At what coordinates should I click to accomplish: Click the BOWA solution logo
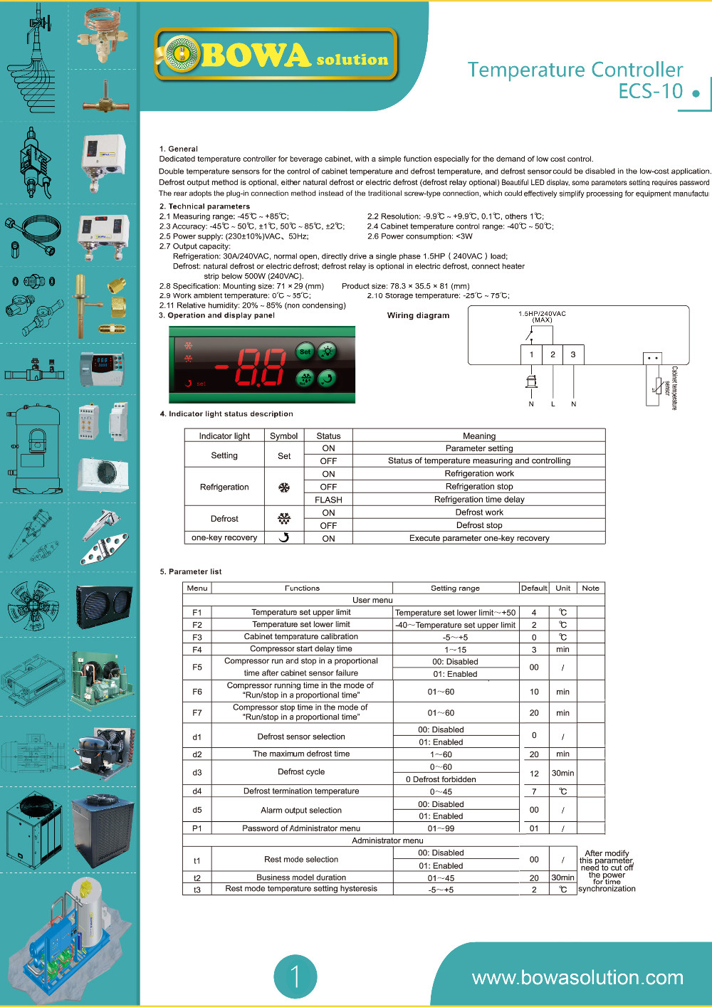(276, 55)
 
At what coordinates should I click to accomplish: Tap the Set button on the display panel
(305, 352)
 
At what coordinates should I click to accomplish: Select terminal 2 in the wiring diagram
(553, 354)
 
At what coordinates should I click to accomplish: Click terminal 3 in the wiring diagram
(573, 354)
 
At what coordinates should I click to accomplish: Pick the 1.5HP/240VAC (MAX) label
(542, 317)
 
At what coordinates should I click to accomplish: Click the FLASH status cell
(328, 500)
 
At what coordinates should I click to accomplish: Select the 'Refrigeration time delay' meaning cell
(479, 500)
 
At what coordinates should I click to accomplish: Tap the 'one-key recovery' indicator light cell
(224, 538)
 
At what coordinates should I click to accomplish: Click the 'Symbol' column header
(284, 436)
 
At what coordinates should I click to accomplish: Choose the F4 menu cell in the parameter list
(197, 650)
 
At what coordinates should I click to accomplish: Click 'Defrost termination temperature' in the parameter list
(301, 791)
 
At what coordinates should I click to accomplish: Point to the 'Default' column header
(534, 589)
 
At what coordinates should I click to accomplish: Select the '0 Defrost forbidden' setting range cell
(441, 779)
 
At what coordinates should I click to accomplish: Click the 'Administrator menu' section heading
(387, 840)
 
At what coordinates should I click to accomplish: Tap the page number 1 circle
(295, 976)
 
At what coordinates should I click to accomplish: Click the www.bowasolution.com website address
(577, 978)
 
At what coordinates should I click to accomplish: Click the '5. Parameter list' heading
(191, 571)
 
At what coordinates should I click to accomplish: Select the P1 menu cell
(197, 828)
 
